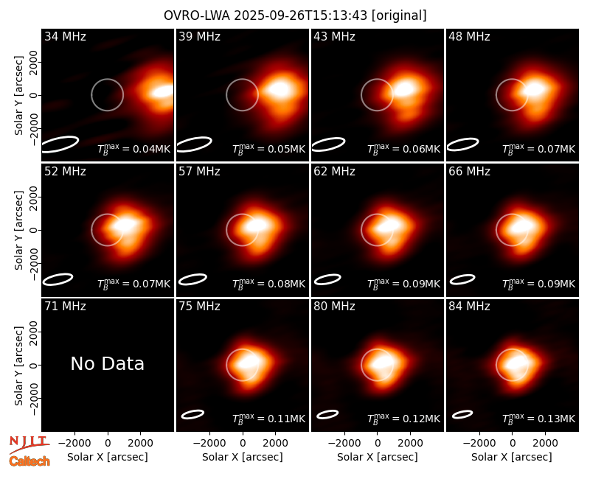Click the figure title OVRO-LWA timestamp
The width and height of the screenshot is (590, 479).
[295, 15]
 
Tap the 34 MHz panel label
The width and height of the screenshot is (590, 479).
[65, 36]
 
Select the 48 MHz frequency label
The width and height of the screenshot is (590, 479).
[469, 36]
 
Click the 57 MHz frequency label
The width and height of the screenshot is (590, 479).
[199, 172]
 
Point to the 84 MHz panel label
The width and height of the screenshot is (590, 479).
[469, 307]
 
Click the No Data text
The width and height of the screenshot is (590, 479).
[107, 363]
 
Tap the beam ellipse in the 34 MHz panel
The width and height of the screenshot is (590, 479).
[60, 144]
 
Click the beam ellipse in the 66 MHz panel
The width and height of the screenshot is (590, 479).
[462, 279]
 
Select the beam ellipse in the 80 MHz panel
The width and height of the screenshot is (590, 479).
[327, 414]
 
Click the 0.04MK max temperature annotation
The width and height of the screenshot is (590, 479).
[134, 149]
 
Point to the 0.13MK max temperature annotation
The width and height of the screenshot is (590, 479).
[539, 419]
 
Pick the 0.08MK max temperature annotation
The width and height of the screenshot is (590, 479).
[268, 284]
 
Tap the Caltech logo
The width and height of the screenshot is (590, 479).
[29, 461]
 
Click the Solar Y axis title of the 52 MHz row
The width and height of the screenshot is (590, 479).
[18, 230]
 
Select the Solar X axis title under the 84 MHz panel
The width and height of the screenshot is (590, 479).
[512, 457]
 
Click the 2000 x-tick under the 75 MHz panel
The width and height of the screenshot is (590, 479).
[275, 443]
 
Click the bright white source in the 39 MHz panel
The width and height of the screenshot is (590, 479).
[279, 88]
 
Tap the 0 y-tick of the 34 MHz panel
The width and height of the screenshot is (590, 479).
[34, 95]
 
